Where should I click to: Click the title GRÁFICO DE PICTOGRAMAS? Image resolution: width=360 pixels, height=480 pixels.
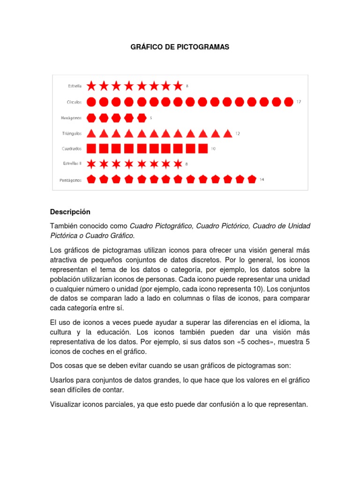[x=180, y=48]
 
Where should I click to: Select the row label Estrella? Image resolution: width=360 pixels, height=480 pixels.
[x=75, y=86]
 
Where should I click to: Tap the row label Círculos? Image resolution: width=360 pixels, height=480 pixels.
[x=74, y=101]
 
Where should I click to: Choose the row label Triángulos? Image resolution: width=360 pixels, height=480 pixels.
[x=73, y=133]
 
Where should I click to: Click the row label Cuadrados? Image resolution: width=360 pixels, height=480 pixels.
[x=72, y=149]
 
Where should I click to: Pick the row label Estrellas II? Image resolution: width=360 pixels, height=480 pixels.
[x=73, y=164]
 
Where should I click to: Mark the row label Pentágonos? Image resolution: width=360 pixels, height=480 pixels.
[x=71, y=180]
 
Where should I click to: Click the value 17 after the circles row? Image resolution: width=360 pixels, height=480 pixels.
[x=299, y=102]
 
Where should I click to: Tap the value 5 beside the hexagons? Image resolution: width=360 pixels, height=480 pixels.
[x=151, y=117]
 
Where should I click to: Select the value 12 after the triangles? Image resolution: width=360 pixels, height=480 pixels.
[x=238, y=134]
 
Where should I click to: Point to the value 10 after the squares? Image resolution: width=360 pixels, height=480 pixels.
[x=213, y=149]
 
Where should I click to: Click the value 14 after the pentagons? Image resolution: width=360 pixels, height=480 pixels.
[x=262, y=180]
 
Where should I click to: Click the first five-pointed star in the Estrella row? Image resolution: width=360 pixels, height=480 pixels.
[x=92, y=86]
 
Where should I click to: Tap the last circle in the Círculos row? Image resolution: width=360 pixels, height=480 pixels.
[x=289, y=101]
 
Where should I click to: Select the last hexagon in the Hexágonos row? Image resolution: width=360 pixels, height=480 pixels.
[x=141, y=117]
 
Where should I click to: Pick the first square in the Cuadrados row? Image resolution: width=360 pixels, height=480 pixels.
[x=92, y=149]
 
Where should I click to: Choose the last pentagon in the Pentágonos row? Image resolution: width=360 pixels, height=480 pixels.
[x=252, y=179]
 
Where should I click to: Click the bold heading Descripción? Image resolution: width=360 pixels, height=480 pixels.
[x=70, y=212]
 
